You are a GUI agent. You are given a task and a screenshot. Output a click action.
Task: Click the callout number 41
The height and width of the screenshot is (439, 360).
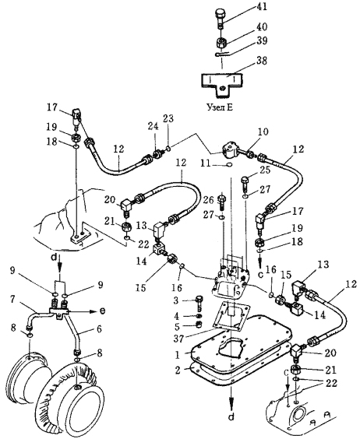tap(261, 7)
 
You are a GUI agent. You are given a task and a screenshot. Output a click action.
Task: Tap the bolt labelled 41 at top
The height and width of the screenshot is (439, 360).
tap(221, 19)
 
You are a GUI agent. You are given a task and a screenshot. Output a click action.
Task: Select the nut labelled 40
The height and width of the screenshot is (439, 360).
tap(221, 43)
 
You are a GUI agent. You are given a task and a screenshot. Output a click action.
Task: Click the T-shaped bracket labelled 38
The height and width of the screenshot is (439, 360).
tap(222, 83)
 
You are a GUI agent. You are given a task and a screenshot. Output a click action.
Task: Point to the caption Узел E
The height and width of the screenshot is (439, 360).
tap(220, 107)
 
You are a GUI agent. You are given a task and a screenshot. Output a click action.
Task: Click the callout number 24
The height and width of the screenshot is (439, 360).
tap(153, 126)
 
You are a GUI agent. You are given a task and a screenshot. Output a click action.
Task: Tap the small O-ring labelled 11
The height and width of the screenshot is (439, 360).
tap(229, 165)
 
